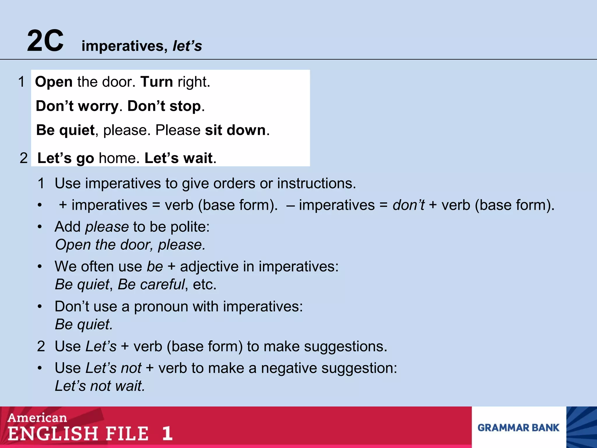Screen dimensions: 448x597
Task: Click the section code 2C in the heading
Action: (45, 41)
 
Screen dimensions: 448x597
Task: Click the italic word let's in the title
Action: (187, 46)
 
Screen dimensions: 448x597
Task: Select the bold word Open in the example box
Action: (54, 82)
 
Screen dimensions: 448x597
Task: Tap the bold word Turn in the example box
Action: (157, 82)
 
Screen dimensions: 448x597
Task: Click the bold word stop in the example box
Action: (185, 106)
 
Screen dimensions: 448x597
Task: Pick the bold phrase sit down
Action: (235, 130)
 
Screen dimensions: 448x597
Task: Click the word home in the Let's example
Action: (117, 158)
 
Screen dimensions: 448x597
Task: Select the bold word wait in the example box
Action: (198, 158)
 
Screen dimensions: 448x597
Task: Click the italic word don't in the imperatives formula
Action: (408, 205)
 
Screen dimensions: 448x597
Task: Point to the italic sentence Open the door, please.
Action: (130, 245)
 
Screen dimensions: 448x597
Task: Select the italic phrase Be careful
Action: (151, 284)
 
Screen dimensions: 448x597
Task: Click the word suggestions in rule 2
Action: (345, 346)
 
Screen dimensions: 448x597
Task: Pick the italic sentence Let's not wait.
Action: (100, 386)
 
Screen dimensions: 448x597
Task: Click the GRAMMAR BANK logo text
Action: (518, 428)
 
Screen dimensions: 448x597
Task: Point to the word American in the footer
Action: (37, 418)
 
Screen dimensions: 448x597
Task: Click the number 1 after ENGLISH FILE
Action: (167, 433)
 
